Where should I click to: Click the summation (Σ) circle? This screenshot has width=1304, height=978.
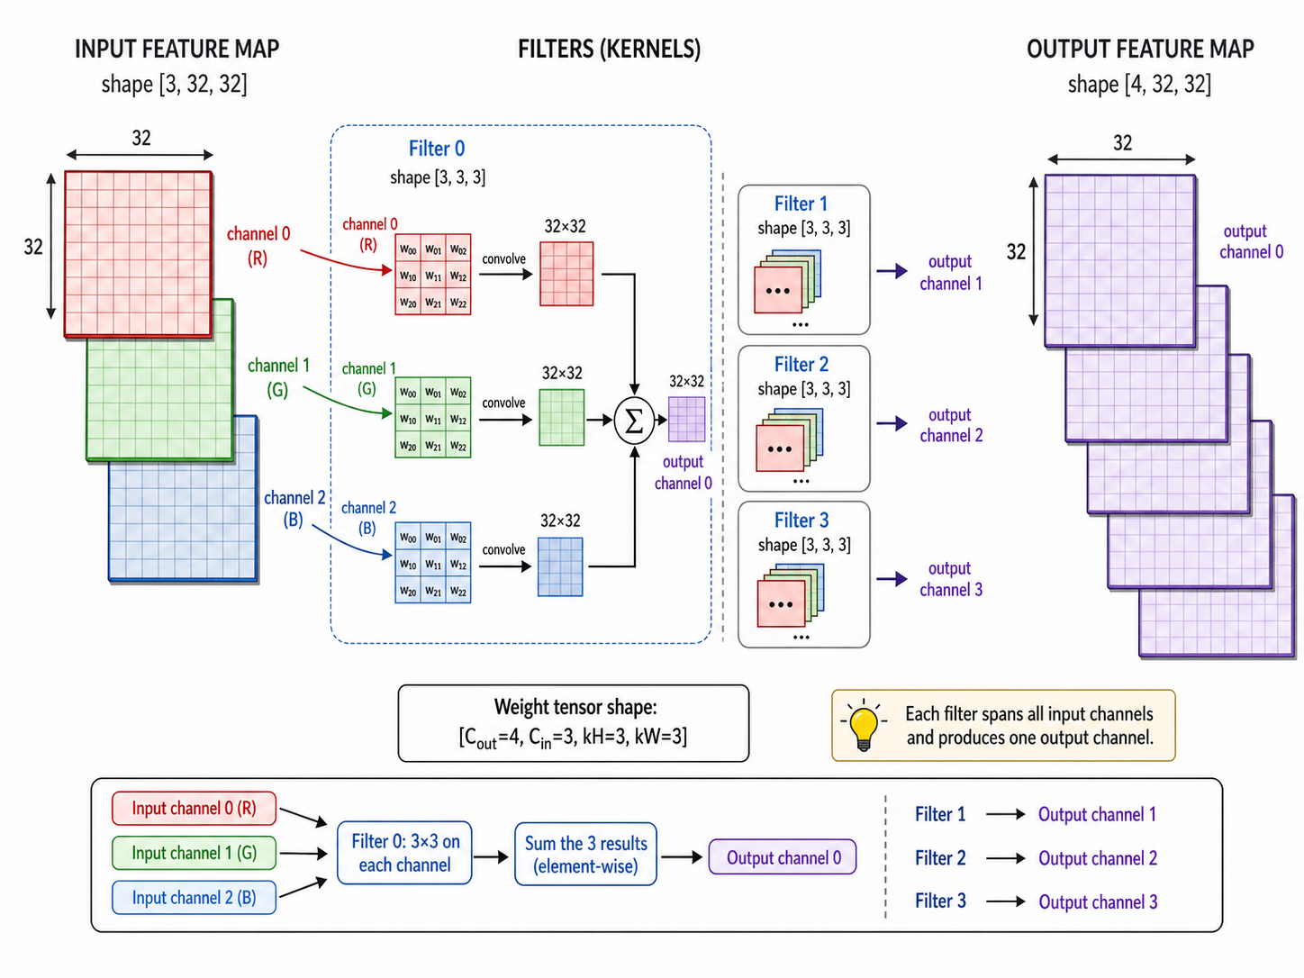[634, 421]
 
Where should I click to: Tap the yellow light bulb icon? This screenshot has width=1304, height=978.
[864, 726]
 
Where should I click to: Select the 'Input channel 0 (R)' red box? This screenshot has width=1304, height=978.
[195, 808]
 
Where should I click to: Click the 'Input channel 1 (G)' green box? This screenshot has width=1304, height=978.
[195, 853]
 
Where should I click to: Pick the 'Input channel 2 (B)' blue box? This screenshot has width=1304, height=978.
[195, 897]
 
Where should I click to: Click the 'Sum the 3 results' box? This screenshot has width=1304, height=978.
[585, 854]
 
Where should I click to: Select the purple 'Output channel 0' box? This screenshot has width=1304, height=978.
[783, 856]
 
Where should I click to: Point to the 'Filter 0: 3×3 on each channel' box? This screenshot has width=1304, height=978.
[404, 854]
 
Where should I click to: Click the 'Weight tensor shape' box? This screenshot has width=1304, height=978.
[574, 723]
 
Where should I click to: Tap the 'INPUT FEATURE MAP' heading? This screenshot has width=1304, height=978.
[177, 49]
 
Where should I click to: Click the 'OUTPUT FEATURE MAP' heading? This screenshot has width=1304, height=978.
[1140, 49]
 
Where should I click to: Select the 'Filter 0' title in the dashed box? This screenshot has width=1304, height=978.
[437, 149]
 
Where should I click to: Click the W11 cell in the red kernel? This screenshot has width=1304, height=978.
[433, 276]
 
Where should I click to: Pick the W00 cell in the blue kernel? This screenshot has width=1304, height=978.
[408, 537]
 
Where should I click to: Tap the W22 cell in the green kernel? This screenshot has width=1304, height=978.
[458, 446]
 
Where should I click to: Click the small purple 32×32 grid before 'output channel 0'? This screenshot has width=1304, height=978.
[687, 420]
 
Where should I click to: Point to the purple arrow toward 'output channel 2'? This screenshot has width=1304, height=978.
[892, 423]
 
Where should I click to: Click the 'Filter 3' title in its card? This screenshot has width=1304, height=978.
[801, 521]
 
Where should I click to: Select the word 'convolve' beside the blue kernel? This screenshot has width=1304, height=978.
[503, 549]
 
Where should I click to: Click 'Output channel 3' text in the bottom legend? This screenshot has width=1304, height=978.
[1098, 902]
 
